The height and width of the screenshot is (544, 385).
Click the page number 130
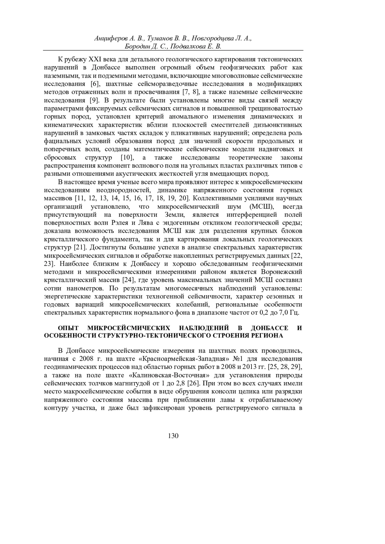[173, 436]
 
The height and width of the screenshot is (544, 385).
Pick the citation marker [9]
[95, 101]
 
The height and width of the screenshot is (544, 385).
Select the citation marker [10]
[127, 158]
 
